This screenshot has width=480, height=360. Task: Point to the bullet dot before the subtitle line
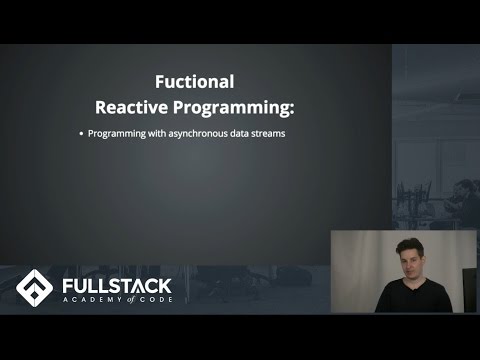click(x=81, y=135)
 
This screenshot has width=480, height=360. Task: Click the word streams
click(x=280, y=135)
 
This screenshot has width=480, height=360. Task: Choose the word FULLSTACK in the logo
click(x=118, y=280)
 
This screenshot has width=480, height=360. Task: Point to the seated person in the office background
click(x=465, y=195)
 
